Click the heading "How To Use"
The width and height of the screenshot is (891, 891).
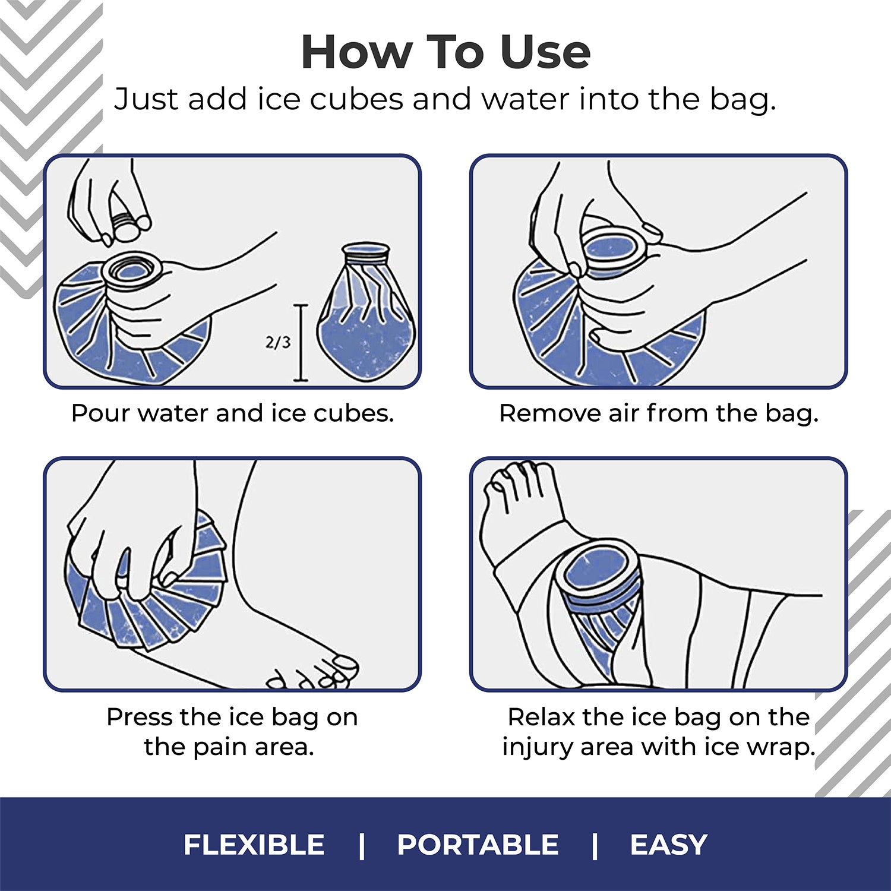445,52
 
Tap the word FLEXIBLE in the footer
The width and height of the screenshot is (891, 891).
254,845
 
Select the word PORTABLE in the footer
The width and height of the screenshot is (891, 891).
478,845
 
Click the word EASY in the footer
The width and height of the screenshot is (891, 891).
668,845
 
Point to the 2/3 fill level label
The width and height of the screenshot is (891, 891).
278,342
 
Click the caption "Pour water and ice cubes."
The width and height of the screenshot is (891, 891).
232,413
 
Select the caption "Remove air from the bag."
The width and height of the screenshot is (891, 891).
659,413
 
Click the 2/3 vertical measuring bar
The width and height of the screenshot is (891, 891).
301,343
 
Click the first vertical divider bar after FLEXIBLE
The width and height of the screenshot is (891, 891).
362,845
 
